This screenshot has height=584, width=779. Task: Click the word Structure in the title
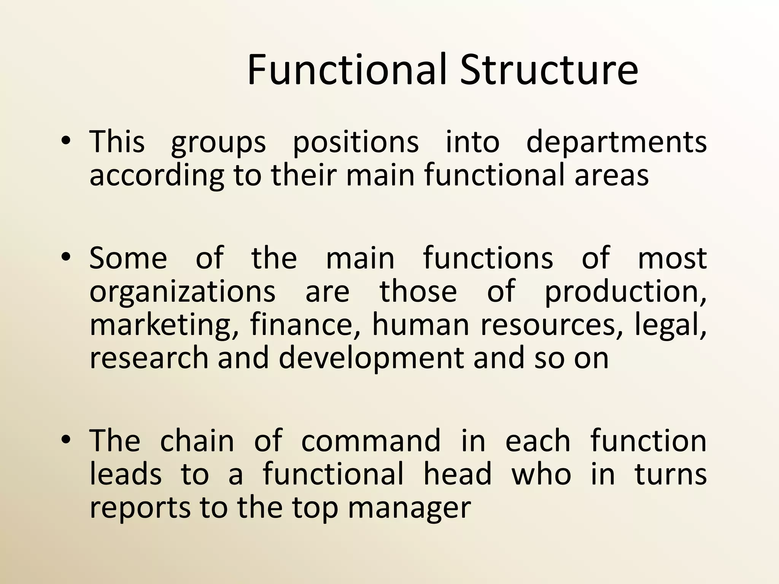tap(548, 70)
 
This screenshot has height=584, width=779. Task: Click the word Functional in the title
tap(346, 70)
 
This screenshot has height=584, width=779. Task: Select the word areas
tap(611, 176)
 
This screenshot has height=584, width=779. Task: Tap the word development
tap(371, 358)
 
